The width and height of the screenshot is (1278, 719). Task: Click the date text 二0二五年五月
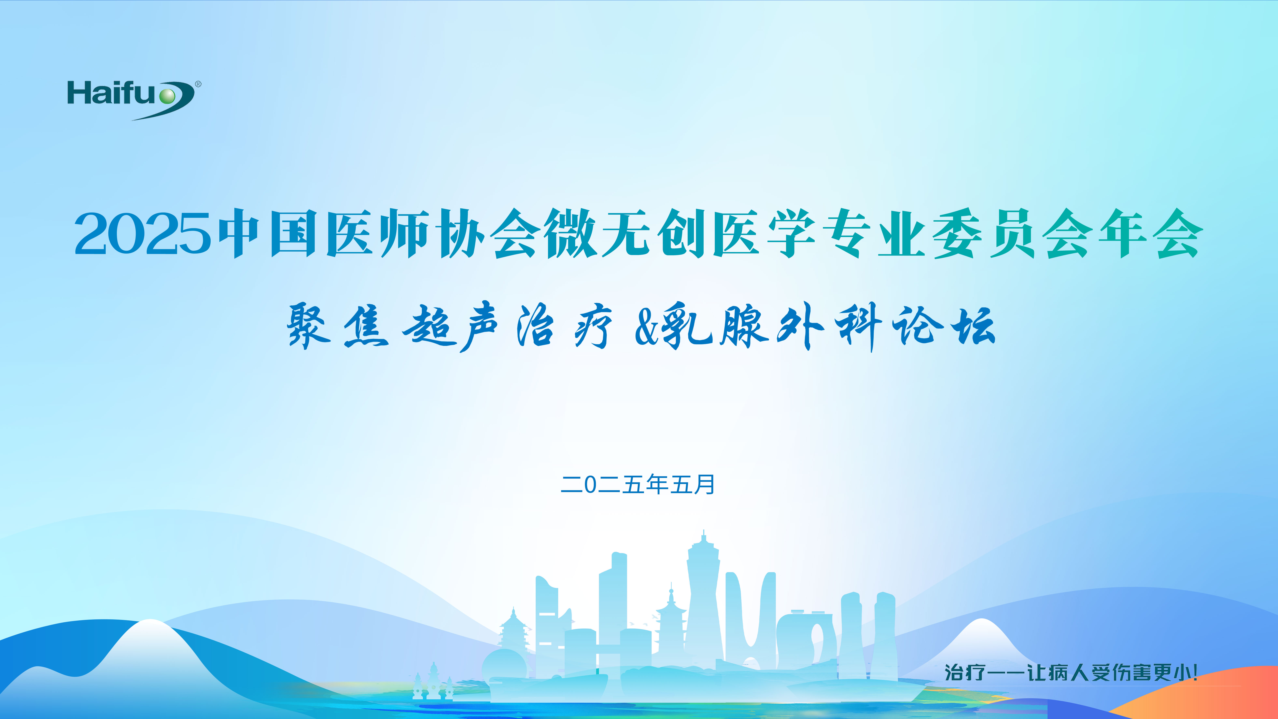[x=637, y=484]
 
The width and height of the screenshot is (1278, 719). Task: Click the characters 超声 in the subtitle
[x=449, y=327]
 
